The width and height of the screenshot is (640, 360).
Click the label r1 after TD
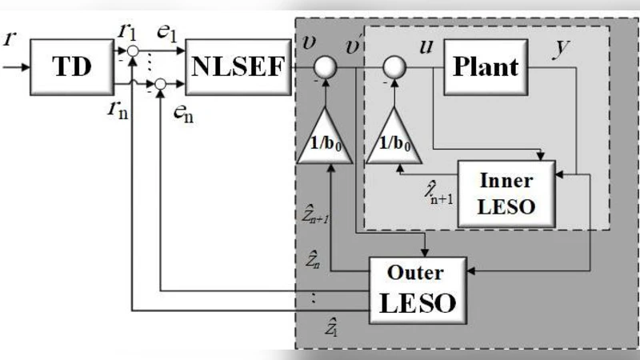125,33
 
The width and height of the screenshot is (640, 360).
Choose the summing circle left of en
161,82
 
